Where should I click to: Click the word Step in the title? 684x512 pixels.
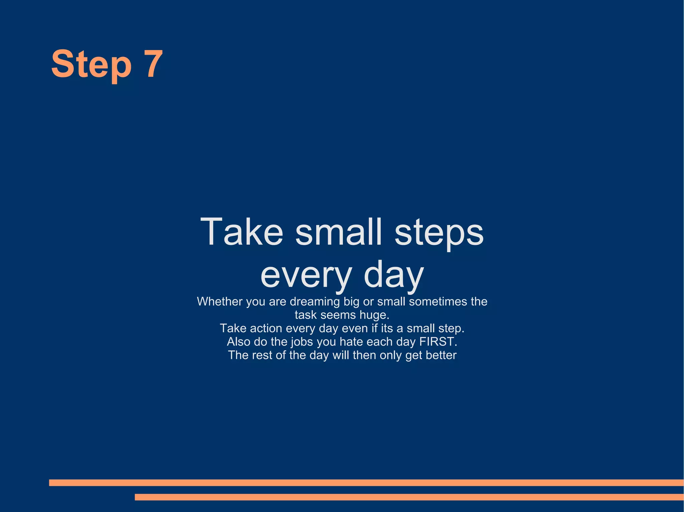pos(91,64)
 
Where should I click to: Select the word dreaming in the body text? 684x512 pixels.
pos(315,302)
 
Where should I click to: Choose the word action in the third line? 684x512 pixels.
pos(266,329)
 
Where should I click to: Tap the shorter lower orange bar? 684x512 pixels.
pos(409,497)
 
